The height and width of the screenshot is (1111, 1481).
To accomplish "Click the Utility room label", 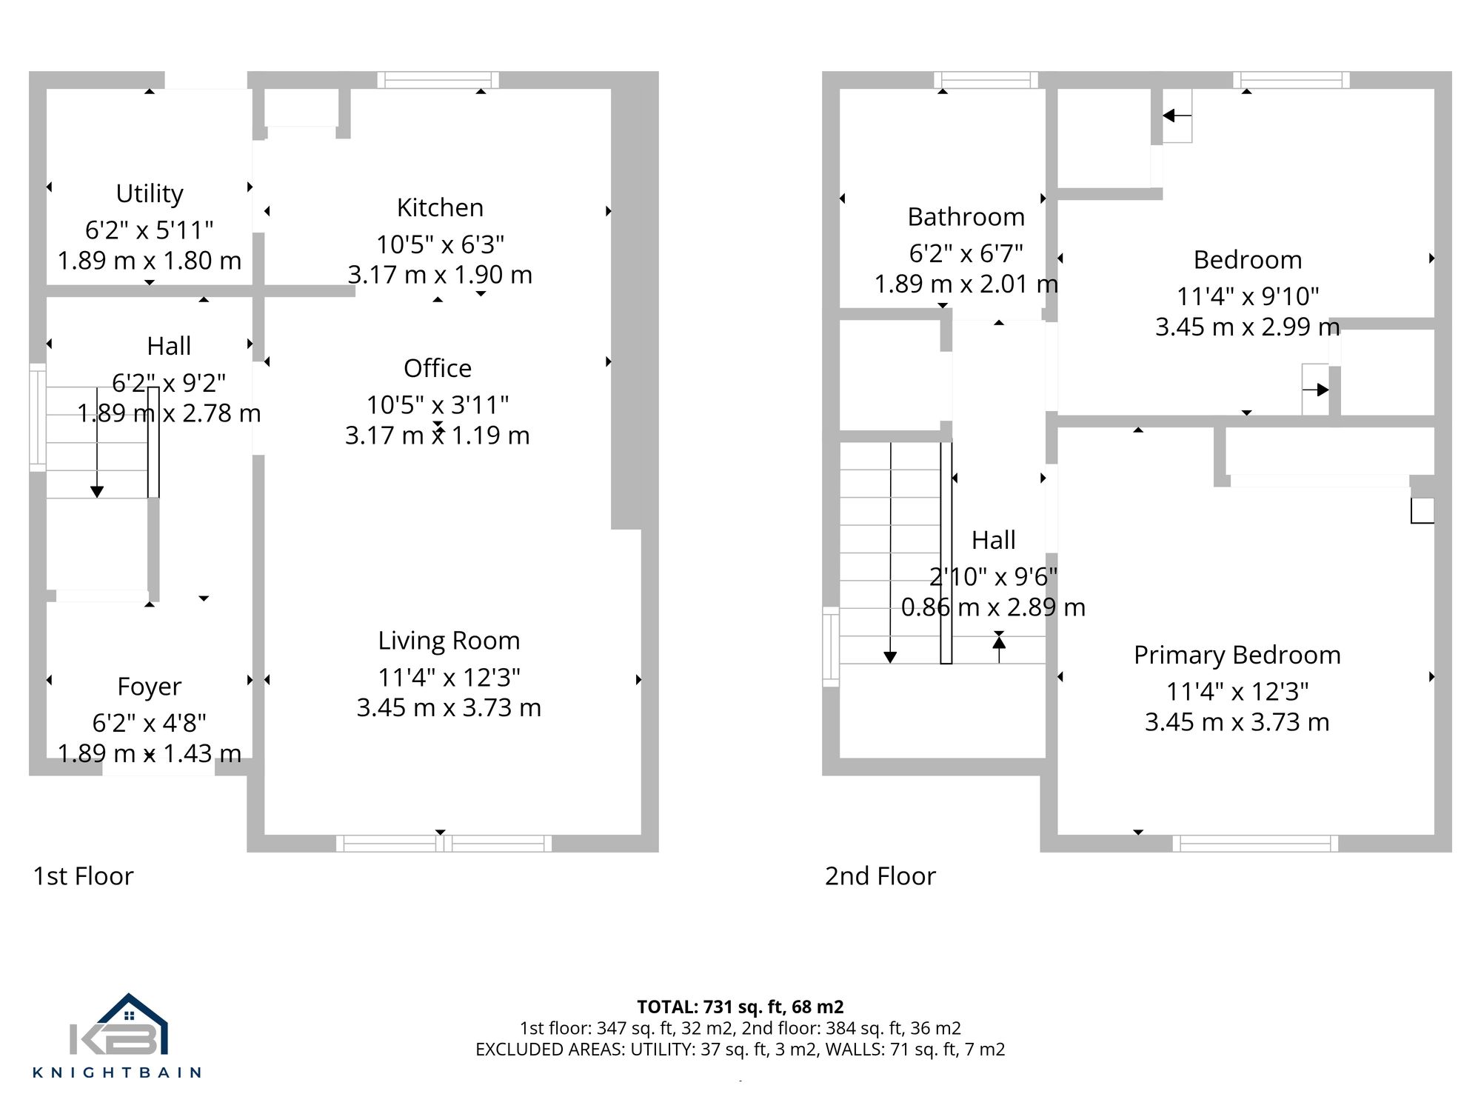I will (x=150, y=193).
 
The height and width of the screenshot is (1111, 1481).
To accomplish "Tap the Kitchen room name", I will (x=440, y=207).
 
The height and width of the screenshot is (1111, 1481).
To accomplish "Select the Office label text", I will (x=438, y=368).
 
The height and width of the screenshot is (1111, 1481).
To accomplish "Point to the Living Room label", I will (x=449, y=641).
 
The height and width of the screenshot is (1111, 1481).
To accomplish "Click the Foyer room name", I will (x=149, y=687).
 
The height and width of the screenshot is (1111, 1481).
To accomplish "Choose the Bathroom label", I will (x=966, y=217).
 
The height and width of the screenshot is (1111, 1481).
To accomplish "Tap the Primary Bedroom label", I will (x=1237, y=655).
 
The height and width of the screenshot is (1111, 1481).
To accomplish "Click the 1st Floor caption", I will (x=83, y=876).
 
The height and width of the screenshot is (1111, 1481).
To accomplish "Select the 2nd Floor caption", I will (x=880, y=876).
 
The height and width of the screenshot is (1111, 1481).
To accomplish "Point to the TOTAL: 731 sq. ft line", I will (x=740, y=1007).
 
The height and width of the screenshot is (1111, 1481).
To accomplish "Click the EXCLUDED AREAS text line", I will (x=740, y=1050).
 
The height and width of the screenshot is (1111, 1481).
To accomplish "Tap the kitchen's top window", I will (x=438, y=80).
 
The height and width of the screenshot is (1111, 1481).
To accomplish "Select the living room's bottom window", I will (x=444, y=843).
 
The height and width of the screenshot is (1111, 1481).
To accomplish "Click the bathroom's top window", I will (x=986, y=80).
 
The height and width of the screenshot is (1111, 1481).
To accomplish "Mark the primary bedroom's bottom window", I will (x=1255, y=843).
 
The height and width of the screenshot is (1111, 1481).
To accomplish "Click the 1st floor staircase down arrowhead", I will (x=97, y=492).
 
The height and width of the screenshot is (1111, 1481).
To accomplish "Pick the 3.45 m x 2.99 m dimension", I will (x=1247, y=327).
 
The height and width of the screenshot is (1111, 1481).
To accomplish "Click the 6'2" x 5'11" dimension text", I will (x=150, y=230).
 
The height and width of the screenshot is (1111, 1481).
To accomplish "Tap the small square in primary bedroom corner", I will (x=1422, y=511).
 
